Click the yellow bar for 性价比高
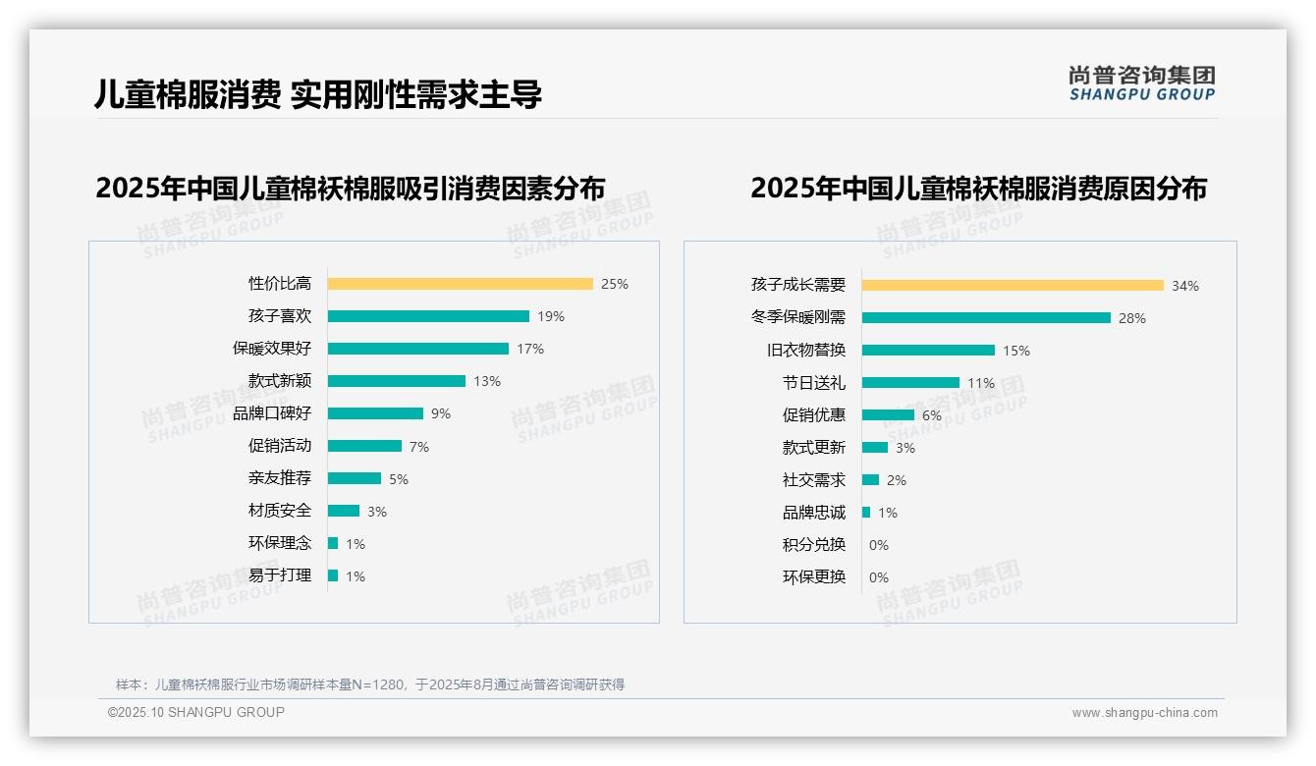(460, 284)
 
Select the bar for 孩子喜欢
(428, 316)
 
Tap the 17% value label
(530, 349)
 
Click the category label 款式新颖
(279, 381)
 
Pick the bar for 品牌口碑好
(375, 413)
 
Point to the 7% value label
(419, 447)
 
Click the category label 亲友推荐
(279, 478)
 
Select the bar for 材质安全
(344, 511)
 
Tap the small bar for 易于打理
(333, 575)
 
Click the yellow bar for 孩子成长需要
(1013, 286)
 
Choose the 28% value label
(1132, 318)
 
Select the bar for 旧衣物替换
(928, 351)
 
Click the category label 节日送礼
(813, 383)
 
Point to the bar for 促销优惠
(888, 415)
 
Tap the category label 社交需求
(813, 480)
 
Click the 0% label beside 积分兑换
(879, 545)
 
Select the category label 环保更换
(813, 577)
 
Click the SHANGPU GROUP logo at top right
(1142, 83)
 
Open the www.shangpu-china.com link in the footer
(1144, 713)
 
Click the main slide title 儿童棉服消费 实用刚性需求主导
(318, 95)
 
